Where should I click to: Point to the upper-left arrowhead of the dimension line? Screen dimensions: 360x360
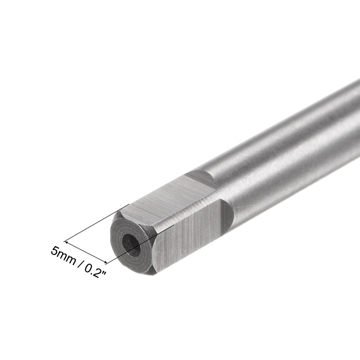pyautogui.click(x=67, y=241)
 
